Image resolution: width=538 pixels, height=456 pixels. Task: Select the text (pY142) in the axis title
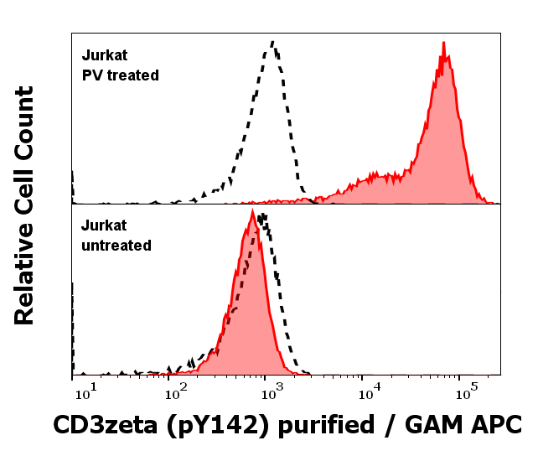pyautogui.click(x=211, y=426)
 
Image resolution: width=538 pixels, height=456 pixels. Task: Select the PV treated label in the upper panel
pyautogui.click(x=120, y=75)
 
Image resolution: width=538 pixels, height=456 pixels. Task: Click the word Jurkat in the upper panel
pyautogui.click(x=104, y=57)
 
